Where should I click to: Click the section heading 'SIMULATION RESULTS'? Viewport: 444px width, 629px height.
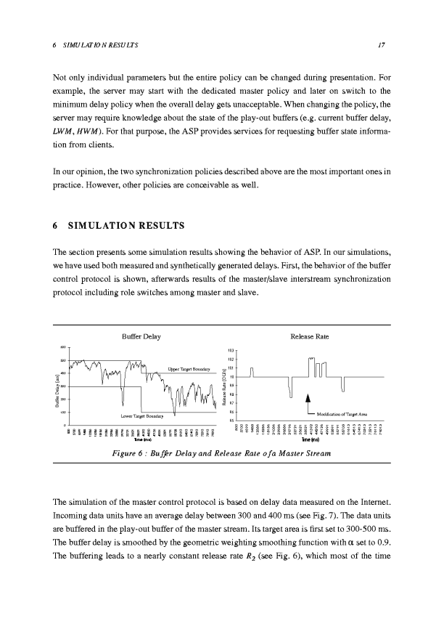tap(128, 225)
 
